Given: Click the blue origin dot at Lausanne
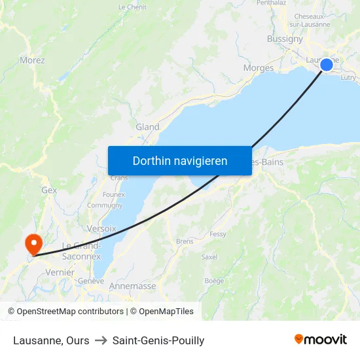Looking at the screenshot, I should (x=326, y=64).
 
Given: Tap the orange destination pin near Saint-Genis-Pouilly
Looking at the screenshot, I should (x=32, y=244).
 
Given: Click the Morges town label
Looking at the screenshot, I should (x=258, y=67).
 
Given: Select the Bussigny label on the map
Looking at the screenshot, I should (x=285, y=39).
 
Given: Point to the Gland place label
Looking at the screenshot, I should (x=147, y=127).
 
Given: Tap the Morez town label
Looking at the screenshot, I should (x=32, y=60).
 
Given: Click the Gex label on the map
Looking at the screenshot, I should (x=49, y=190).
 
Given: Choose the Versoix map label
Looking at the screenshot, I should (x=101, y=228).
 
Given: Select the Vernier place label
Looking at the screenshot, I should (x=60, y=272).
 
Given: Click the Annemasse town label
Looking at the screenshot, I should (x=132, y=286).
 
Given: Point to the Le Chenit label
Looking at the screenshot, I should (x=132, y=7).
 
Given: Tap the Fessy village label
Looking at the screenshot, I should (x=218, y=234).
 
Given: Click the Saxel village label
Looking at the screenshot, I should (x=209, y=257).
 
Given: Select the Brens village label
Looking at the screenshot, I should (x=185, y=241).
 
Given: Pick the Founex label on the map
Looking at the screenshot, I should (x=114, y=194).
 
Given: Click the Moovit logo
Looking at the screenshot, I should (x=321, y=340).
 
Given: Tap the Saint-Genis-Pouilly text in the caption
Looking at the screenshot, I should (x=158, y=340).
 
